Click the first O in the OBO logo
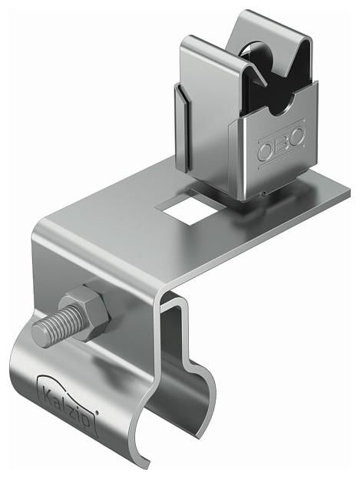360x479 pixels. tap(266, 150)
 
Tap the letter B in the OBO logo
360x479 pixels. tap(282, 144)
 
